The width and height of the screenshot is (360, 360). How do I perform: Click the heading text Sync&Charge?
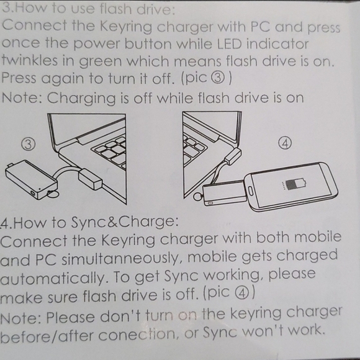pyautogui.click(x=133, y=222)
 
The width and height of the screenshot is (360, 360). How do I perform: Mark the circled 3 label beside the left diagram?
pyautogui.click(x=29, y=143)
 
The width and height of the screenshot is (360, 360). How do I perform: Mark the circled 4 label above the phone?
pyautogui.click(x=285, y=142)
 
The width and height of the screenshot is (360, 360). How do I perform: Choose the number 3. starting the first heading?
pyautogui.click(x=7, y=9)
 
